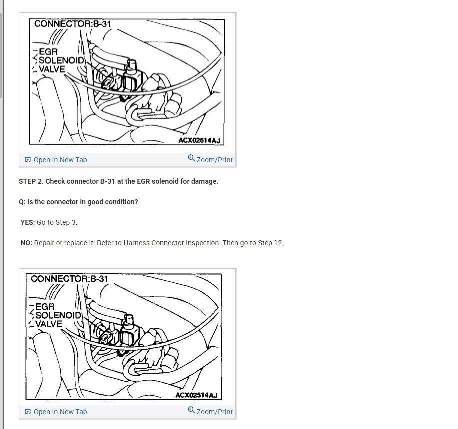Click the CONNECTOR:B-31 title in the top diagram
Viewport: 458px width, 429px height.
(x=73, y=24)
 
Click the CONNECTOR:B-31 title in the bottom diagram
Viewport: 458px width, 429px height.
(x=69, y=279)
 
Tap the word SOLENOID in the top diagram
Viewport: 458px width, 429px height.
(x=61, y=60)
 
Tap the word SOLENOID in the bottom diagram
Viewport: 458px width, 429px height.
(x=58, y=315)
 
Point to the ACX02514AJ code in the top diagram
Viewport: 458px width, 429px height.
(x=199, y=140)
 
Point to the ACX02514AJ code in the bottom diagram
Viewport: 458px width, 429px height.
(x=196, y=395)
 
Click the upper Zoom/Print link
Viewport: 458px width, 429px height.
(x=215, y=160)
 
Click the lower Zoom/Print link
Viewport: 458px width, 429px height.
(x=215, y=412)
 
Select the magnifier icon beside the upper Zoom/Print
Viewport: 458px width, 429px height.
(x=191, y=158)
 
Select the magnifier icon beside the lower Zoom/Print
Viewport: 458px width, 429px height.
(x=191, y=410)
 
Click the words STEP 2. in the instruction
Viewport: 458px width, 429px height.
(x=31, y=181)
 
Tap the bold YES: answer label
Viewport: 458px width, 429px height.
(x=28, y=222)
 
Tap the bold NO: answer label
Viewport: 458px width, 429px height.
(x=26, y=243)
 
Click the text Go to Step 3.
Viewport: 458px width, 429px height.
(x=57, y=222)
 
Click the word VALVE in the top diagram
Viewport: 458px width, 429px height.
(x=52, y=69)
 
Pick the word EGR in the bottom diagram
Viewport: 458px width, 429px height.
(x=45, y=307)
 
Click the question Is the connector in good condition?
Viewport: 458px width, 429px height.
(x=83, y=202)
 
